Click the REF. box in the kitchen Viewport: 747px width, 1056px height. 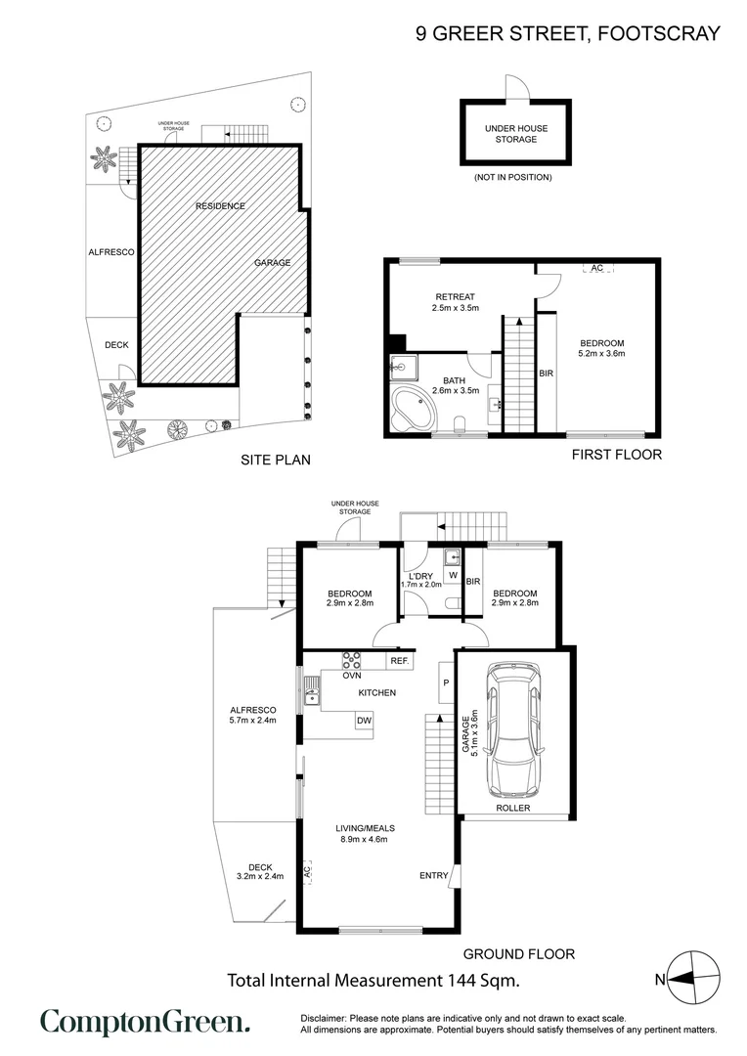pos(399,662)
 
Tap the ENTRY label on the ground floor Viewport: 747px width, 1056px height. pos(433,875)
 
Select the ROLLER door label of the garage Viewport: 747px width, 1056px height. pos(512,809)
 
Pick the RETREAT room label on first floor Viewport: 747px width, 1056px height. pos(455,302)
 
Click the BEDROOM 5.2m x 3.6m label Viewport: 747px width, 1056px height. pos(601,348)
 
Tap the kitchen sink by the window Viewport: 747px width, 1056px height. pos(312,696)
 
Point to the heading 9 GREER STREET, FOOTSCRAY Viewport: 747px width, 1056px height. pos(568,33)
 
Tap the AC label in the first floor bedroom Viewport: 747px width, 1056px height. pos(596,268)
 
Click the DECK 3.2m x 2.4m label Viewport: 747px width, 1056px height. pos(259,871)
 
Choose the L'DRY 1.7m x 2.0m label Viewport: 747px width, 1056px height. pos(421,579)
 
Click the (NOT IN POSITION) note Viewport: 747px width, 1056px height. pos(513,177)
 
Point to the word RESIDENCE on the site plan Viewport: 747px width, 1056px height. pos(220,206)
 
